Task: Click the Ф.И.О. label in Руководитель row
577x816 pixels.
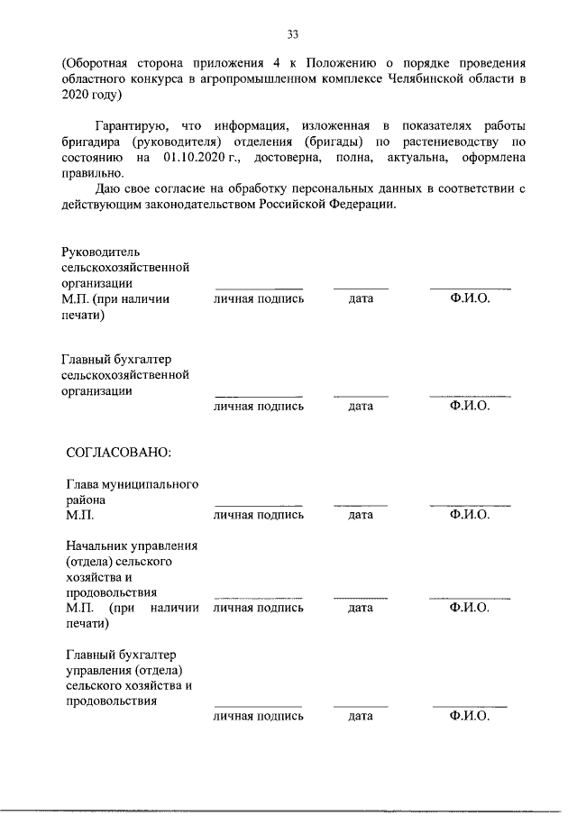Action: point(470,298)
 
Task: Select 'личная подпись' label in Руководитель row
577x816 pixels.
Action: point(258,298)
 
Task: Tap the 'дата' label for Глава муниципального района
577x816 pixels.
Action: point(361,515)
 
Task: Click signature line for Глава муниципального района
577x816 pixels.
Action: point(258,504)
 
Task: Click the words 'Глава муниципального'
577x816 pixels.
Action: point(133,484)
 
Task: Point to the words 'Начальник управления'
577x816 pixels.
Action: point(133,546)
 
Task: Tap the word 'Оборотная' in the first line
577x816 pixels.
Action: point(96,62)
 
